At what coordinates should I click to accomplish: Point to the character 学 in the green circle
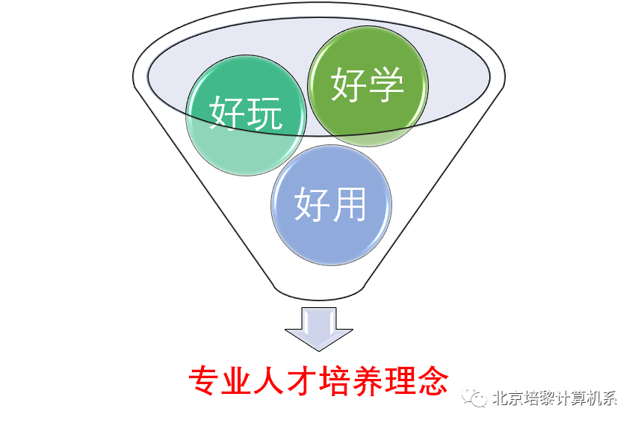tap(387, 84)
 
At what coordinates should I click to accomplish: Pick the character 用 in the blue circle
tap(350, 203)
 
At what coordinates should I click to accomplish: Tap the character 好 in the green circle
tap(349, 84)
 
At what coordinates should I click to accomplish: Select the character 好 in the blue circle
tap(312, 203)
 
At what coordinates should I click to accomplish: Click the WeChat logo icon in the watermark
tap(475, 398)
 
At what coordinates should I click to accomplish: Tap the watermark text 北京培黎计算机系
tap(554, 398)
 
